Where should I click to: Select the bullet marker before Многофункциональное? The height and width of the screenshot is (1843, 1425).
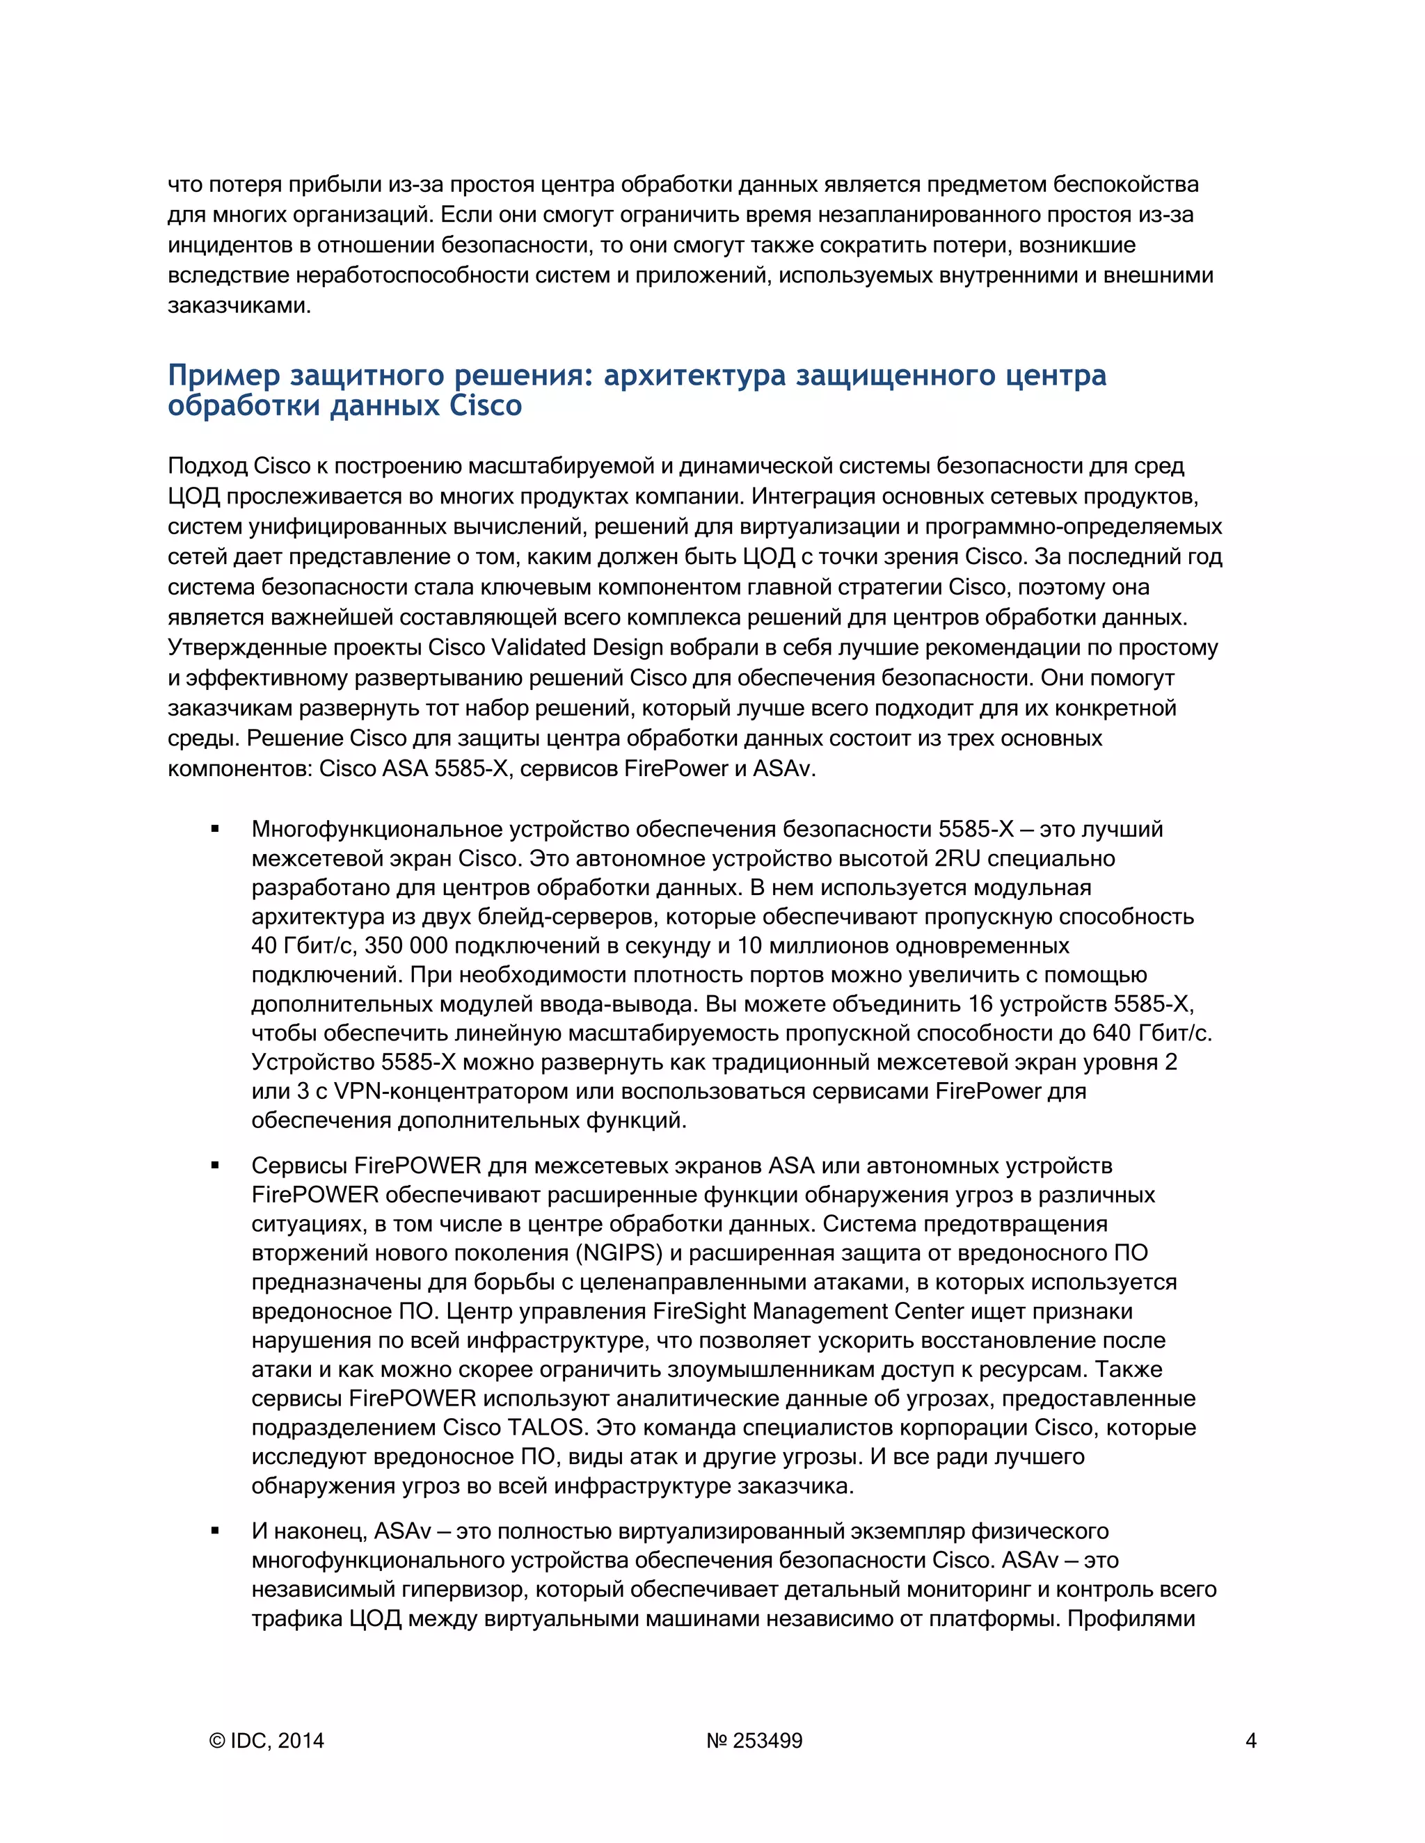pyautogui.click(x=215, y=830)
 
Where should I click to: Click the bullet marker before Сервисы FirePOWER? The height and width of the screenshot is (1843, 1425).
pyautogui.click(x=215, y=1166)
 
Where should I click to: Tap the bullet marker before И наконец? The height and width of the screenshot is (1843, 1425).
pyautogui.click(x=215, y=1531)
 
